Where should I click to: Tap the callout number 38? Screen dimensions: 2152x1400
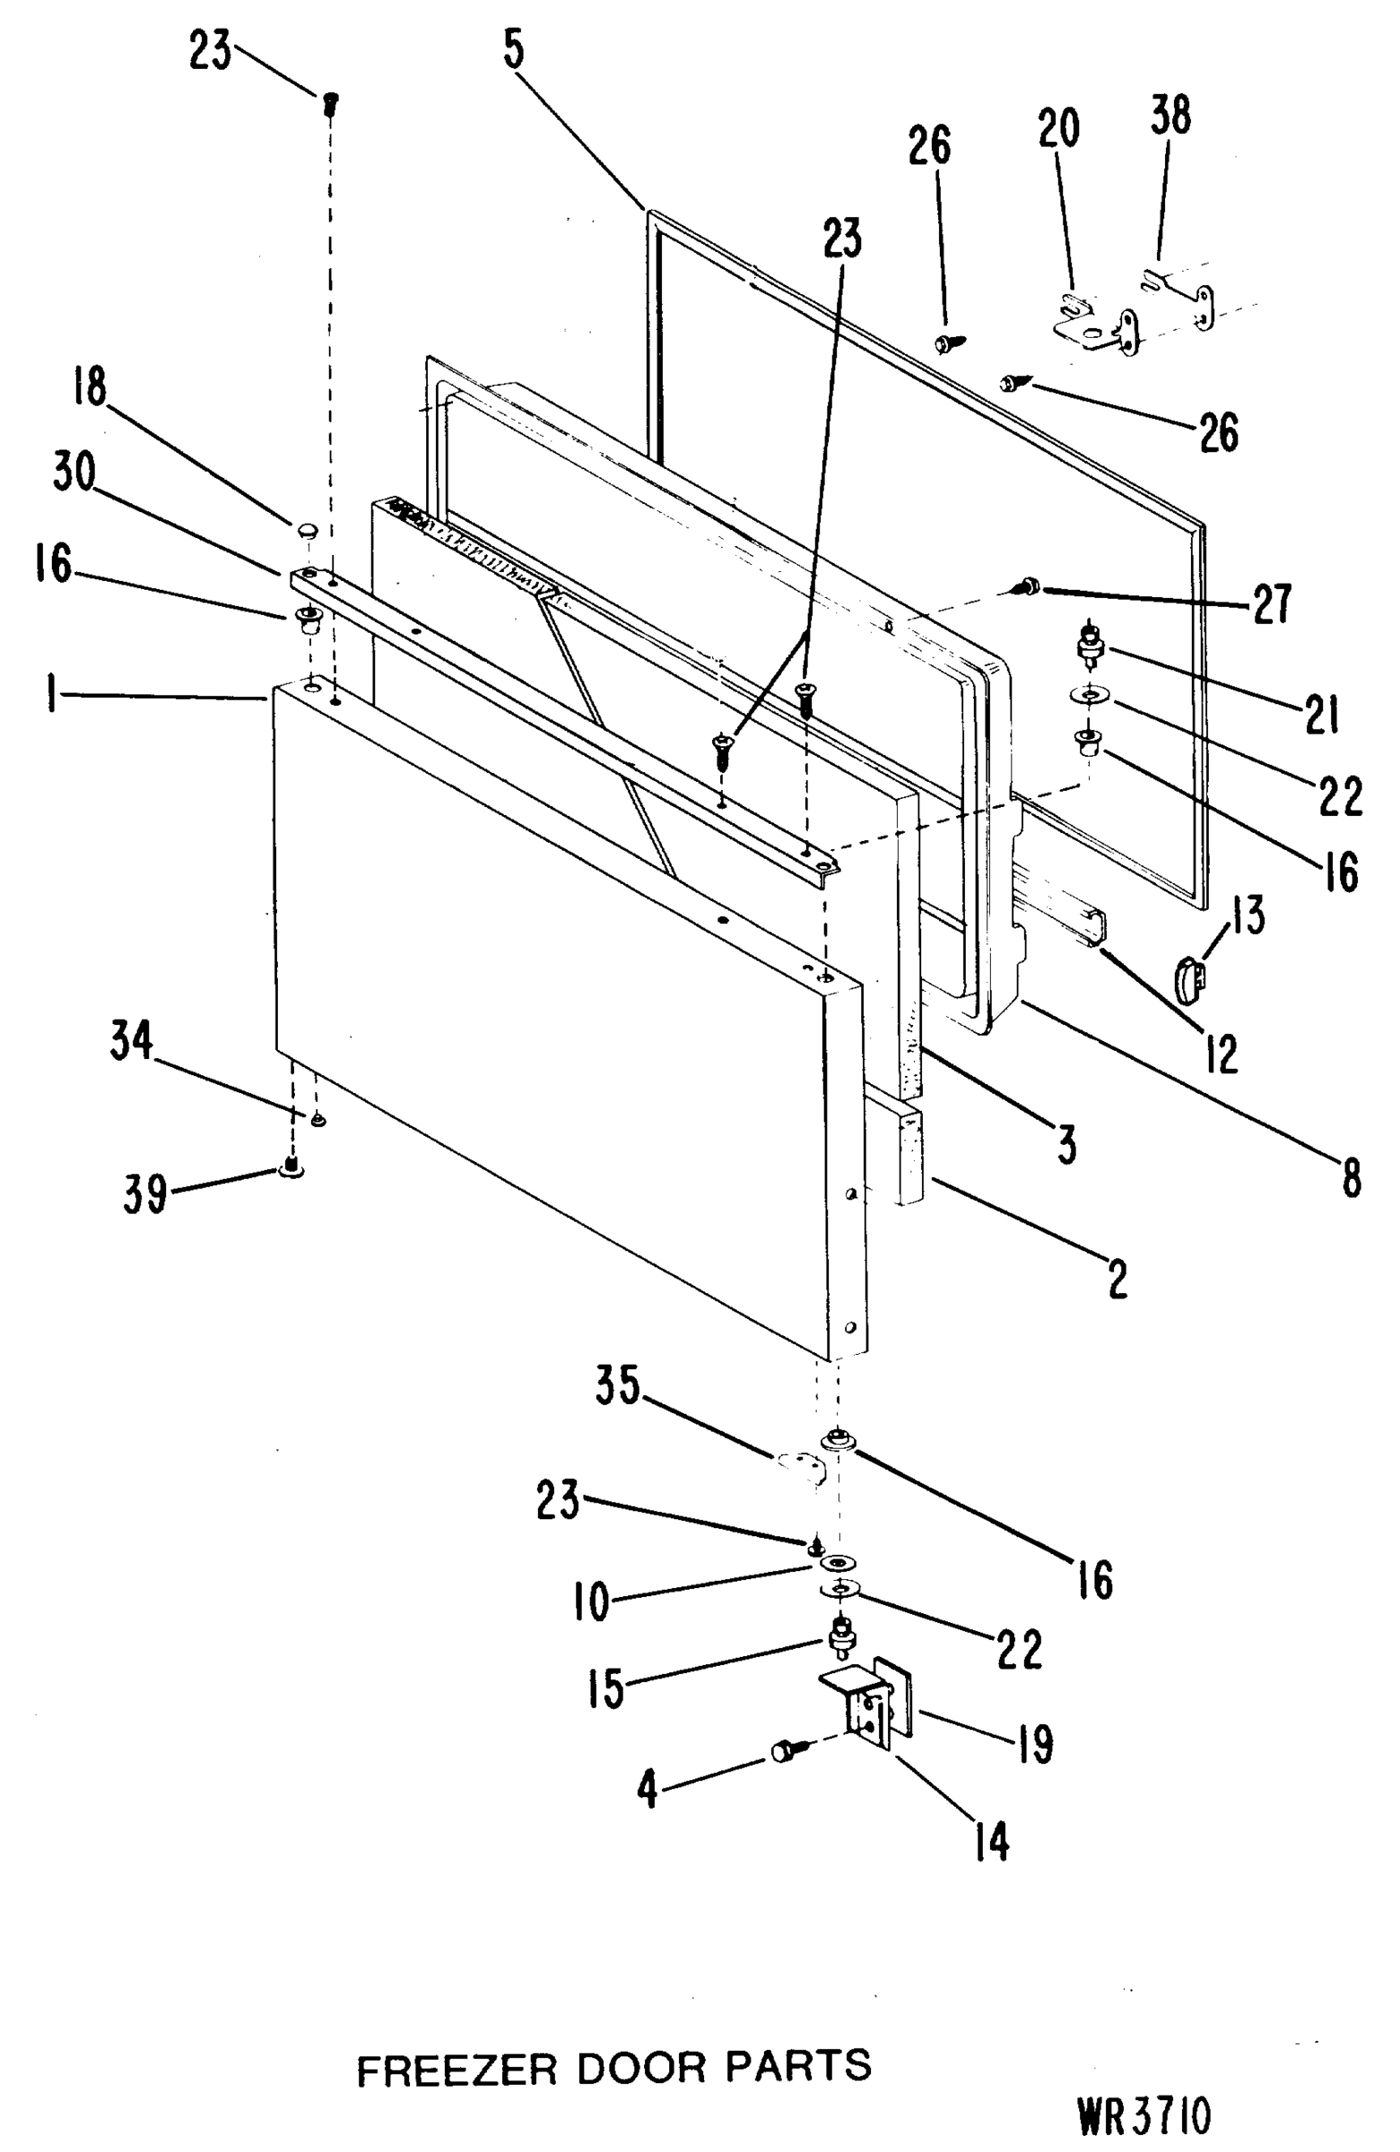click(1170, 117)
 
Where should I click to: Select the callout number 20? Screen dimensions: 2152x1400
click(1058, 127)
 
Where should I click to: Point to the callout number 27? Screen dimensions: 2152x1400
click(1272, 603)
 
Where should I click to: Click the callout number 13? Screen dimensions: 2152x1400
click(1248, 915)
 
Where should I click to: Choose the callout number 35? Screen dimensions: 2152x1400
click(618, 1385)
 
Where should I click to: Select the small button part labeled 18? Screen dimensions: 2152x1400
click(308, 528)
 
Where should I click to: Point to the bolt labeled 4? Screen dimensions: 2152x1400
click(783, 1751)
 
